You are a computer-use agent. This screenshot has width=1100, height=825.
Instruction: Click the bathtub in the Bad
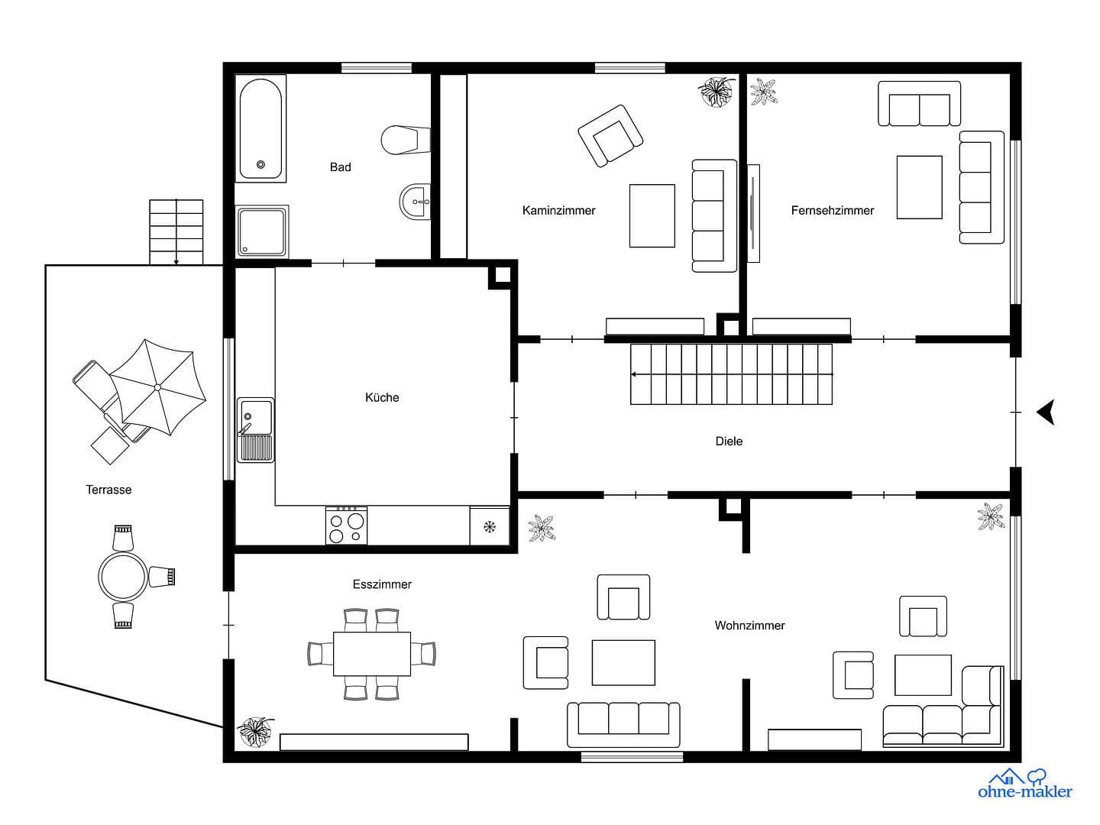(x=260, y=128)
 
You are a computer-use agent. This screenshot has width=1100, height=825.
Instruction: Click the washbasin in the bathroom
(x=416, y=202)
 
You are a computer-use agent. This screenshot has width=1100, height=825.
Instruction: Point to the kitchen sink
(x=255, y=430)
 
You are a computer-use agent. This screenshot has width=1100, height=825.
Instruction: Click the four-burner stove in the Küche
(x=346, y=526)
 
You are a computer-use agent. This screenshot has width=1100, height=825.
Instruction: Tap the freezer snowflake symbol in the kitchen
(x=490, y=526)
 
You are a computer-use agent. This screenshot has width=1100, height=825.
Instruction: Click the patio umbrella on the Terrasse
(x=157, y=387)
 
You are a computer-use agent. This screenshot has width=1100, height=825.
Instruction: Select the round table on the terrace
(x=122, y=577)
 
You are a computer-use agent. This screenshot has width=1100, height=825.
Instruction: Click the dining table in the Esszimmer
(x=372, y=654)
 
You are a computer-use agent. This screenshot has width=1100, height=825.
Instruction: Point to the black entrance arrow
(x=1045, y=412)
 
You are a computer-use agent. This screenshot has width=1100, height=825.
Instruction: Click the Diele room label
(x=729, y=441)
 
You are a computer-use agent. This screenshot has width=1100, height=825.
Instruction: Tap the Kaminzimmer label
(x=558, y=210)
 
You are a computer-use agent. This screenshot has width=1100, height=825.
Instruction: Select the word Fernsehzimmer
(x=832, y=210)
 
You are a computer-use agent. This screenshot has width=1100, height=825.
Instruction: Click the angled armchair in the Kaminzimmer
(x=610, y=135)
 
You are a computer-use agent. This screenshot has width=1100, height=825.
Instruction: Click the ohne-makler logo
(x=1024, y=784)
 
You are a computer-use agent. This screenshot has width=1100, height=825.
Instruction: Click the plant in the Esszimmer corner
(x=254, y=732)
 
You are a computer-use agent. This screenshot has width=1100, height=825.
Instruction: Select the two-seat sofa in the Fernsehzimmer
(x=919, y=104)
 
